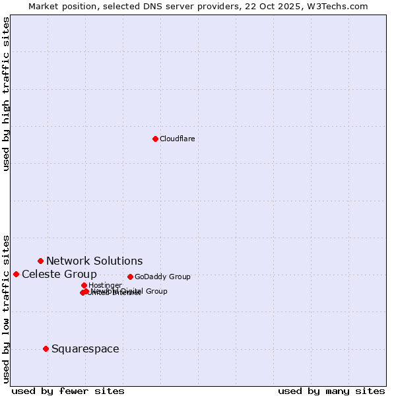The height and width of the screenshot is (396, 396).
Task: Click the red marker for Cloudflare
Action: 155,139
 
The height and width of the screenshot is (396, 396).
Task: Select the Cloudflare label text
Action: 177,139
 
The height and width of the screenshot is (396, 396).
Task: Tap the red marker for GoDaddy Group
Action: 130,277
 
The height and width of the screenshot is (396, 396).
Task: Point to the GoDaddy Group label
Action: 162,277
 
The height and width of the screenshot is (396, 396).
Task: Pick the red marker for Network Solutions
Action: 40,261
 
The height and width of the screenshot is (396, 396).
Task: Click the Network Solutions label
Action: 94,261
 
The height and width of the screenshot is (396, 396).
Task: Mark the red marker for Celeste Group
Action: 16,274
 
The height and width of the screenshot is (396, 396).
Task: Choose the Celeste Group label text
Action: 59,274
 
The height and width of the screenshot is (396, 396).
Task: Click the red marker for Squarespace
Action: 46,348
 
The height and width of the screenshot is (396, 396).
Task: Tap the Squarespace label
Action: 85,348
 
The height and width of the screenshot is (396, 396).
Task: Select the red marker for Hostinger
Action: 84,285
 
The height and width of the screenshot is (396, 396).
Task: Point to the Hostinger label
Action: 105,285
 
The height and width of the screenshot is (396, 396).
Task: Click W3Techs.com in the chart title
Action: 335,6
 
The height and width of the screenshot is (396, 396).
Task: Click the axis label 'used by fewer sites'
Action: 68,391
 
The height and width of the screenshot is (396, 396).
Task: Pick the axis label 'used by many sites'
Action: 331,391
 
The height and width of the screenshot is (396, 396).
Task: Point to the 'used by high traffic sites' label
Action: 7,94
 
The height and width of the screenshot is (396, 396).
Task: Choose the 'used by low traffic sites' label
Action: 7,308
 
